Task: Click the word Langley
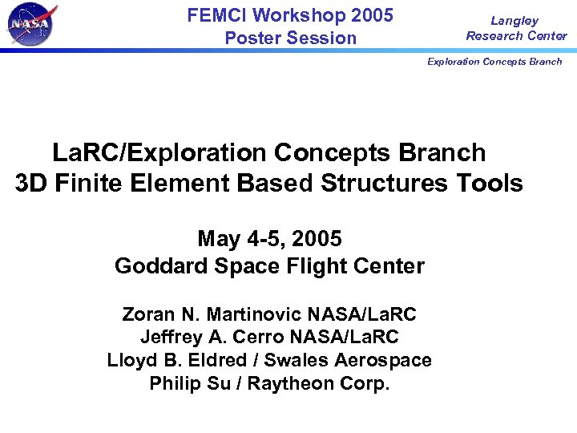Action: click(514, 21)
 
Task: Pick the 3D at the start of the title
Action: click(30, 184)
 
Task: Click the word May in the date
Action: click(217, 239)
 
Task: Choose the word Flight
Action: click(307, 265)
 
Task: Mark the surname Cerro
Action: click(263, 337)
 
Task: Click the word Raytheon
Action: click(292, 383)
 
